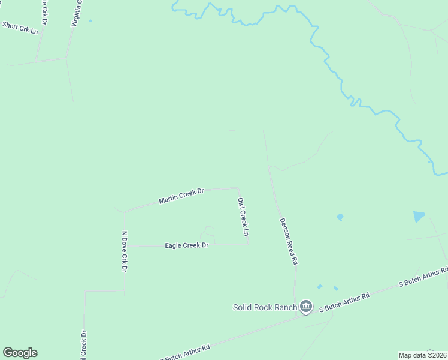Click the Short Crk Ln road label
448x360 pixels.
pos(20,27)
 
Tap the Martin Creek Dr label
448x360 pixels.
pos(181,196)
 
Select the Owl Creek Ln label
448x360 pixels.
pos(243,217)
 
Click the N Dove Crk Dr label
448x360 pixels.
pos(125,251)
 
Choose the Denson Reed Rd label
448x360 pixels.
pos(288,241)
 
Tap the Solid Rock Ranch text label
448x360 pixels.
pos(265,308)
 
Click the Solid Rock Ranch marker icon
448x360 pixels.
pos(306,307)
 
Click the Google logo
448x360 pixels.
pos(20,353)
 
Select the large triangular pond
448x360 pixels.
pos(419,217)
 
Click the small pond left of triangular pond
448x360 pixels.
pos(340,217)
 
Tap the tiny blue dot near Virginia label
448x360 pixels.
pos(90,21)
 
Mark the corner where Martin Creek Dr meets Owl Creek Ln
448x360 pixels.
pos(238,188)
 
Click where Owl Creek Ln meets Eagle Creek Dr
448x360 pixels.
pos(248,244)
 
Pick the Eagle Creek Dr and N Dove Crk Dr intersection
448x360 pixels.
pos(125,245)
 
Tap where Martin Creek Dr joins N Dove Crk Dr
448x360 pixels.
pos(125,212)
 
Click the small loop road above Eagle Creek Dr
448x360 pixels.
pos(208,232)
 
